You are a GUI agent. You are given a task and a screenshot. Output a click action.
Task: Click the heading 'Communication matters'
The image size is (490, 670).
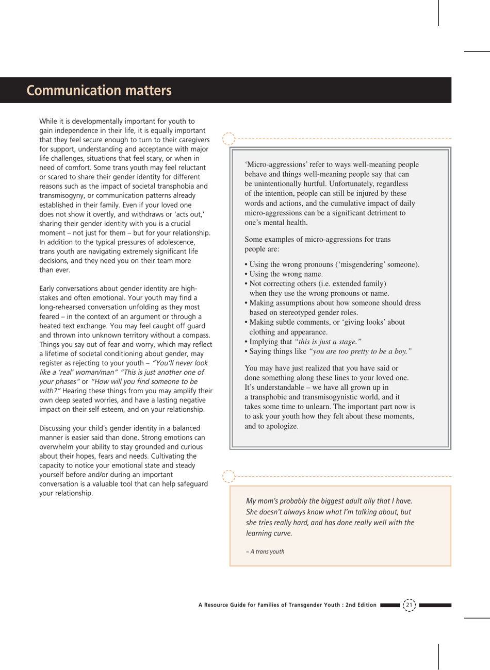tap(99, 91)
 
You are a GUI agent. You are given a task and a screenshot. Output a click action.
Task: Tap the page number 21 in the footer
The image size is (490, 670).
tap(409, 605)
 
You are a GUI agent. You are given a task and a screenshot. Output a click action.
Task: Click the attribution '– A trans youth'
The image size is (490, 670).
tap(265, 551)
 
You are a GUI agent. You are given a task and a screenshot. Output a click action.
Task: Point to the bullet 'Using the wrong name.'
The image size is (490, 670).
tap(286, 274)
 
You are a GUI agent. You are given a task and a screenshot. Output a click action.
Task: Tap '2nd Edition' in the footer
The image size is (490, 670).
tap(361, 605)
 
